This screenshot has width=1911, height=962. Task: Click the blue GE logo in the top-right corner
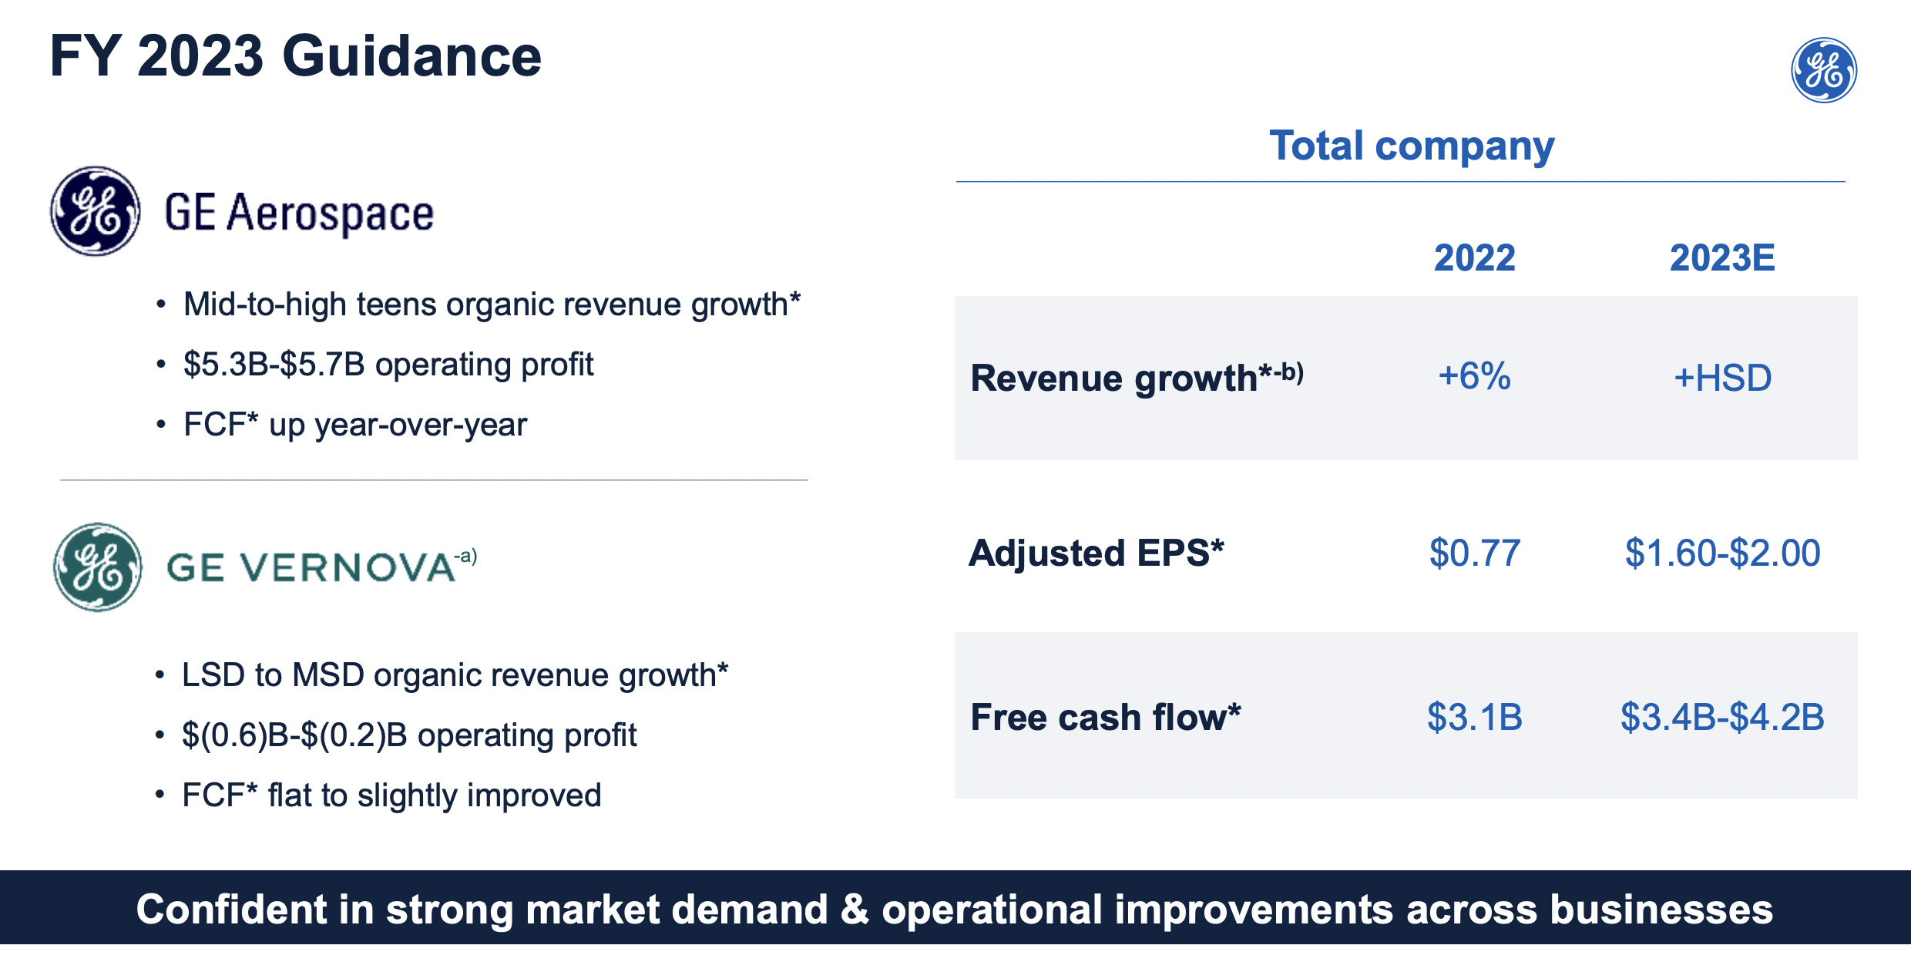(x=1823, y=70)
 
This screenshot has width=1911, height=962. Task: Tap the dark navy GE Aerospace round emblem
(x=95, y=210)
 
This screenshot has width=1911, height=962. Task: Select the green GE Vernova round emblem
(x=98, y=567)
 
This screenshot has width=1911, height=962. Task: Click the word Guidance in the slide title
(x=411, y=57)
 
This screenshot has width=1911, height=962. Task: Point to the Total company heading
(x=1411, y=146)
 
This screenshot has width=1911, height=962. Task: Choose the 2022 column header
(x=1473, y=257)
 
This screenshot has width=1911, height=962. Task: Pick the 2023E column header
(x=1721, y=257)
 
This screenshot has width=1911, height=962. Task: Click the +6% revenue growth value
(x=1473, y=376)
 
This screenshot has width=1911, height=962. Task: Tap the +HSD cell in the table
(x=1722, y=378)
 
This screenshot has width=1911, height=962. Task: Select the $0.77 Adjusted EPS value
(x=1474, y=553)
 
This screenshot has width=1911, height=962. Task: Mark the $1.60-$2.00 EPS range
(x=1722, y=553)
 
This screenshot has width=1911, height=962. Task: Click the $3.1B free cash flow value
(x=1474, y=717)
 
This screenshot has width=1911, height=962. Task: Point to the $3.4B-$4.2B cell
(x=1722, y=717)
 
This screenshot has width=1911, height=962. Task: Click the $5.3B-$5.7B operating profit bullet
(x=388, y=364)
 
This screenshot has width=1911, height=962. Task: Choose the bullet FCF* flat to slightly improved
(x=391, y=795)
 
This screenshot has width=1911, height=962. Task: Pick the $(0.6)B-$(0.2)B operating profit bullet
(x=408, y=735)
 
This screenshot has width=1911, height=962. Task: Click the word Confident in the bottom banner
(x=231, y=909)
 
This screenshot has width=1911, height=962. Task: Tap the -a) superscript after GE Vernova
(x=465, y=556)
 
